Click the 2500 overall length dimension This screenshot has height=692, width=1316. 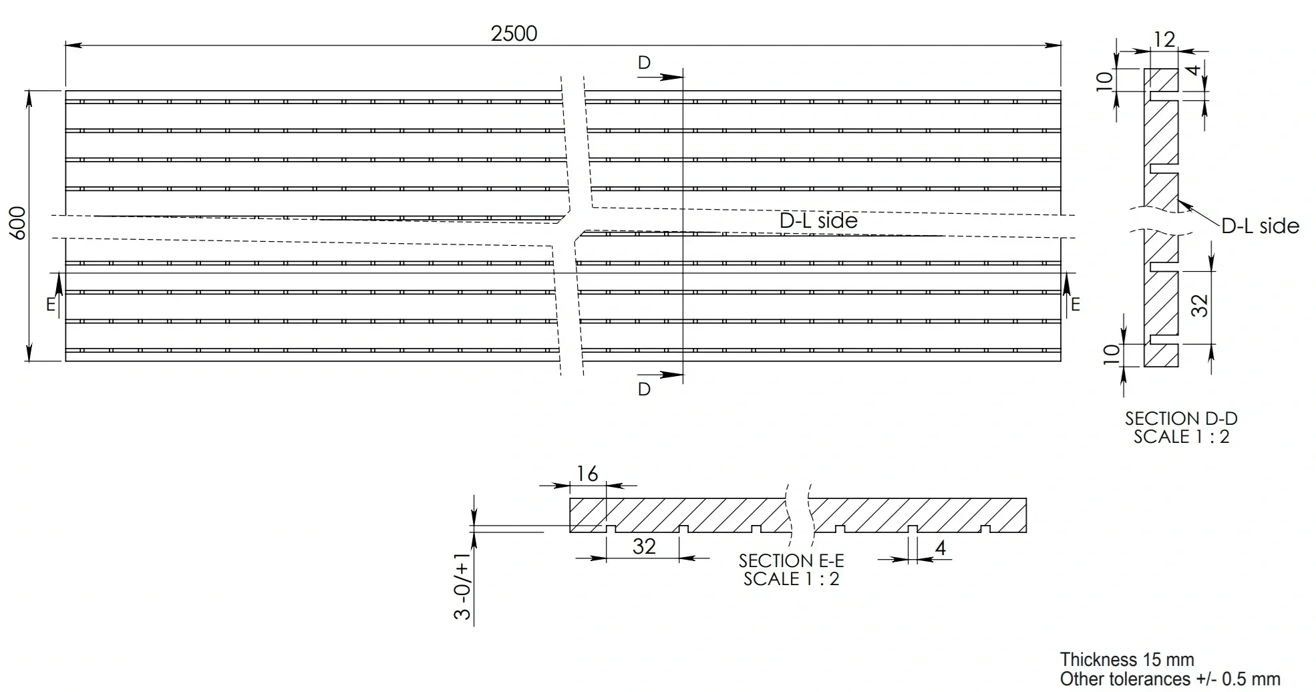(514, 33)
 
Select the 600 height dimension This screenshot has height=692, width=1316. (18, 223)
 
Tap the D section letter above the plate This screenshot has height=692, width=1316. (644, 63)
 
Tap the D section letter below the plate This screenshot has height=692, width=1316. (644, 389)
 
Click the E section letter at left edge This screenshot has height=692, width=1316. (51, 305)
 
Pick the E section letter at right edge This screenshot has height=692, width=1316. (1075, 305)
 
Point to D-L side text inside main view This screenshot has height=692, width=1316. (818, 220)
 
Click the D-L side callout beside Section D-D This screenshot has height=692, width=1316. (1260, 226)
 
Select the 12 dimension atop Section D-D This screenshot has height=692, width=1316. (1164, 39)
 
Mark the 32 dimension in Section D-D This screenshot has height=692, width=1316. (1200, 306)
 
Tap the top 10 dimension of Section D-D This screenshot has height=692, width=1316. (1106, 79)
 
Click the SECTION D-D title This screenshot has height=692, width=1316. (1181, 419)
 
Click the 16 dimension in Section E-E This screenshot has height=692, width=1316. (587, 474)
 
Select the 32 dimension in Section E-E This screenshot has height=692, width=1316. (644, 546)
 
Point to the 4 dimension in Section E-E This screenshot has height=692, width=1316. (941, 548)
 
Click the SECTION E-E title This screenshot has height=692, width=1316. (791, 560)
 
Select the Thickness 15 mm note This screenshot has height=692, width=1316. (1127, 660)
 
